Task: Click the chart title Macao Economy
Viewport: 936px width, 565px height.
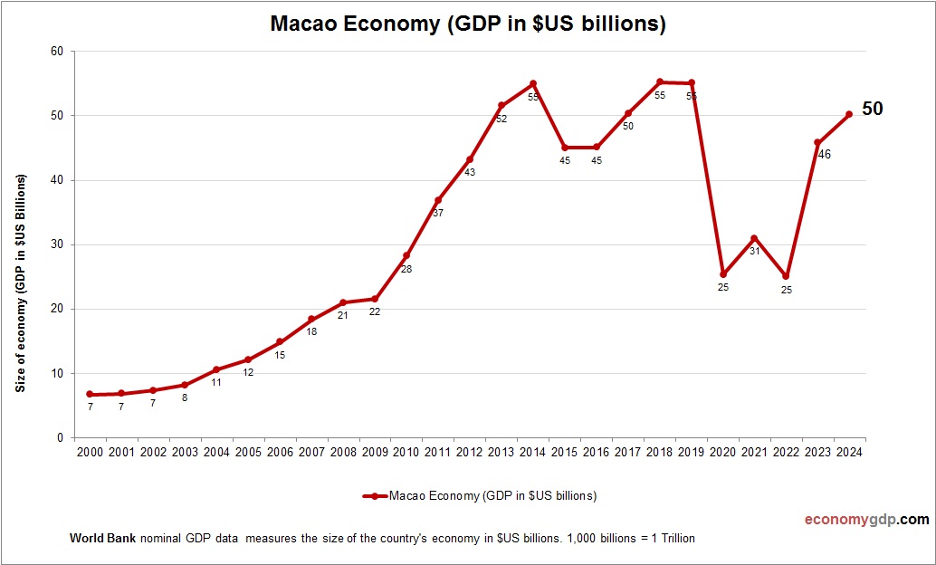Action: [x=468, y=24]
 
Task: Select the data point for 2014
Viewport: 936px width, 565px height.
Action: [x=533, y=83]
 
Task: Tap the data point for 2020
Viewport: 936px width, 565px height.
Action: [x=723, y=274]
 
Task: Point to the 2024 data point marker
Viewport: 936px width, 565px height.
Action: [x=849, y=114]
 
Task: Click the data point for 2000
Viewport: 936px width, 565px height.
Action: [x=90, y=394]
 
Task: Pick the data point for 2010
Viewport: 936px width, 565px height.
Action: [x=406, y=255]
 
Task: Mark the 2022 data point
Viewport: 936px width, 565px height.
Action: [x=786, y=276]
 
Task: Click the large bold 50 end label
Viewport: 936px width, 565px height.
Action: [x=872, y=109]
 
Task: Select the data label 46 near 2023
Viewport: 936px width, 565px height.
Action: [x=824, y=154]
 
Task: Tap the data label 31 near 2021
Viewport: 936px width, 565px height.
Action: [x=754, y=251]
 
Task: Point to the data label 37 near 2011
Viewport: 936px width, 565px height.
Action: [x=438, y=214]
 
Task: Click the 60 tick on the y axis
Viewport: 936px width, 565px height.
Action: [x=57, y=52]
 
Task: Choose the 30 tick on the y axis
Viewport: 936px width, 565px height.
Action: [x=57, y=244]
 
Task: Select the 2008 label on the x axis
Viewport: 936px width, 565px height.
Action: [x=343, y=452]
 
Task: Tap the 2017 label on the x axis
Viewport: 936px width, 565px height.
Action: [x=627, y=452]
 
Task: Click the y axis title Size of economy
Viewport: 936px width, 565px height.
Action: [x=20, y=282]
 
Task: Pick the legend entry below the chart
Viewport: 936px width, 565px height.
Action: [x=480, y=495]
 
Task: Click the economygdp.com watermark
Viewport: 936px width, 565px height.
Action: [x=867, y=520]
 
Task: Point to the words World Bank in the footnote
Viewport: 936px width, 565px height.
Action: [x=102, y=538]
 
